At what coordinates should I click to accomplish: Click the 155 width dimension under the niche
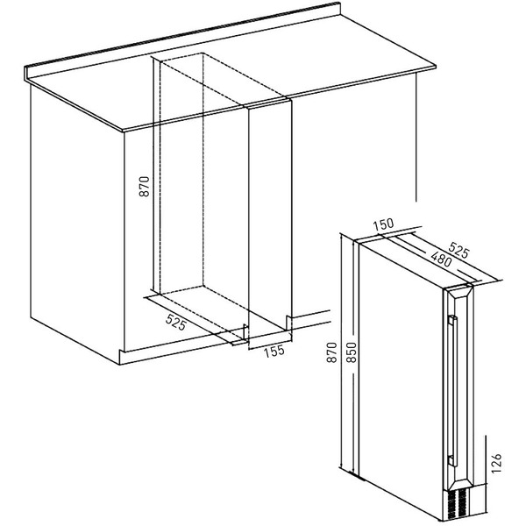(274, 352)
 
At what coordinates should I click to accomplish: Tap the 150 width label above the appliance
(384, 224)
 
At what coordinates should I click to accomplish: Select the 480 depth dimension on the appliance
(441, 259)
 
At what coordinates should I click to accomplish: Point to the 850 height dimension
(352, 352)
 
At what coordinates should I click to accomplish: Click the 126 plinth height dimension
(496, 463)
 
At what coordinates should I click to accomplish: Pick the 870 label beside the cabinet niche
(145, 186)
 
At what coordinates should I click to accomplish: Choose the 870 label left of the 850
(331, 352)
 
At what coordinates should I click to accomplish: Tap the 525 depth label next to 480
(458, 249)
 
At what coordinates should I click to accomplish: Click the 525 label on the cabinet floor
(176, 323)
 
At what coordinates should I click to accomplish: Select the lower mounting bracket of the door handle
(452, 460)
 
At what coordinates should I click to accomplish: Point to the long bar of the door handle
(454, 390)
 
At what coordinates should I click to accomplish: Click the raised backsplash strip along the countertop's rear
(183, 36)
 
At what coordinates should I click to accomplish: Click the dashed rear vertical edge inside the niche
(203, 169)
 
